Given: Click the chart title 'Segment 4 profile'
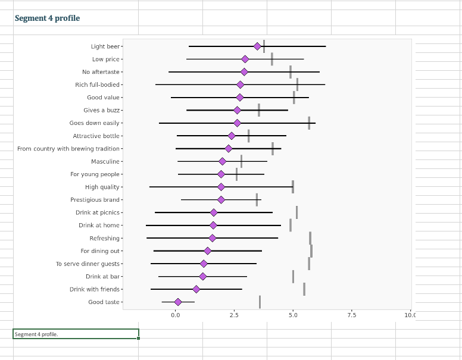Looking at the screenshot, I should click(x=47, y=18).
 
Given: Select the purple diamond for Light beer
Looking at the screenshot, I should click(x=257, y=46).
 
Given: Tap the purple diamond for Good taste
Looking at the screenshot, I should click(x=177, y=302).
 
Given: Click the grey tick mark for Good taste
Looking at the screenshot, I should click(x=260, y=302).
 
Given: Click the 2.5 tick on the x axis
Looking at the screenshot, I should click(x=235, y=315).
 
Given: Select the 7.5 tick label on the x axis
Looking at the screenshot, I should click(x=352, y=315).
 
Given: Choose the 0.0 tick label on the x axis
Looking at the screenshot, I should click(x=176, y=315).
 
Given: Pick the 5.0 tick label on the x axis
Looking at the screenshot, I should click(x=293, y=315).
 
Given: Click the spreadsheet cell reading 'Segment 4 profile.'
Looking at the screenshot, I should click(x=76, y=334).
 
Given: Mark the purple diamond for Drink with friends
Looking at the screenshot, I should click(x=196, y=289).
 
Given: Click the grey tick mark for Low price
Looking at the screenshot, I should click(x=272, y=59).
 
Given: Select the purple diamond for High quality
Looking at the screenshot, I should click(x=221, y=187).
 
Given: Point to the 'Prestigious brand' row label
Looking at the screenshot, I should click(x=95, y=200).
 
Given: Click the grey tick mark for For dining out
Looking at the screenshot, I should click(x=311, y=251).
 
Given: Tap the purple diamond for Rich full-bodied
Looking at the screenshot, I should click(x=240, y=84).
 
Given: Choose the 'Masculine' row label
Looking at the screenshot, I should click(x=105, y=162).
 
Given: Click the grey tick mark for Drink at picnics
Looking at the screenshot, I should click(x=296, y=212).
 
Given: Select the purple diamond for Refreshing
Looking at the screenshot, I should click(x=213, y=238).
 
